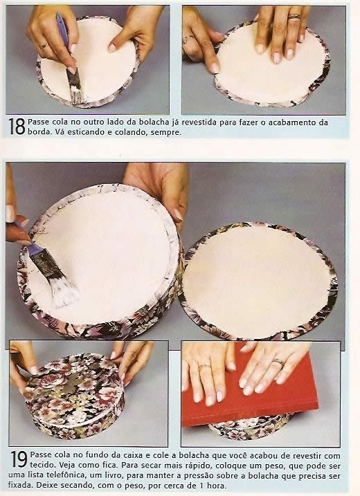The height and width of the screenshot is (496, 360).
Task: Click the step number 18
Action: coord(17,127)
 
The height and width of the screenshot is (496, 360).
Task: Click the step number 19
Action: coord(19,459)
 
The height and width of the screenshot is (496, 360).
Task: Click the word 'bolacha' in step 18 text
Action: coord(155,122)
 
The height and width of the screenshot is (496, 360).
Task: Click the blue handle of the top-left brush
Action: coord(62,30)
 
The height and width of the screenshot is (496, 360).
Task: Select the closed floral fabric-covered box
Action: coord(75,396)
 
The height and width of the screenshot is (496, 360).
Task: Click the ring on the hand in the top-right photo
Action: coord(294,17)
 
